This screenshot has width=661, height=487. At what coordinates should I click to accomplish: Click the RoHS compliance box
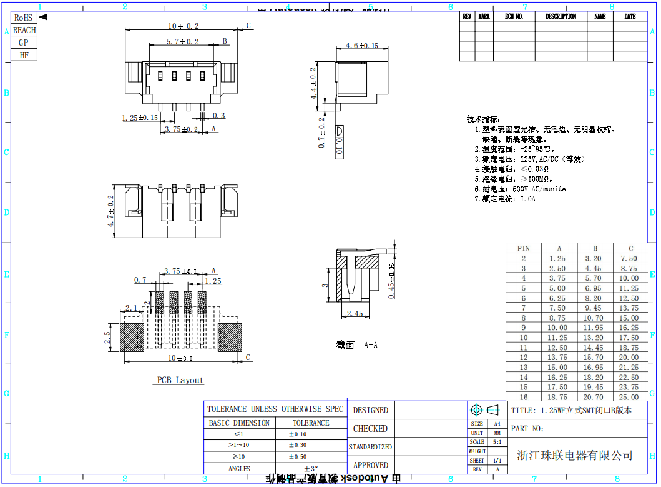(24, 18)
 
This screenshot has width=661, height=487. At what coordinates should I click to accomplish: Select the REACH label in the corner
(24, 30)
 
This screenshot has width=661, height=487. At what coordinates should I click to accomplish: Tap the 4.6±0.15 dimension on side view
(362, 46)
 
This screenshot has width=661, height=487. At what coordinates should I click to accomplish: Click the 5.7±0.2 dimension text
(182, 42)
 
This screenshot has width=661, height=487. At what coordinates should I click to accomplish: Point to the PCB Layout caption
(180, 380)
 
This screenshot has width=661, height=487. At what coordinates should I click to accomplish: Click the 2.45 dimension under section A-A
(355, 314)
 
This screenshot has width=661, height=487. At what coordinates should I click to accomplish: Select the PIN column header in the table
(524, 248)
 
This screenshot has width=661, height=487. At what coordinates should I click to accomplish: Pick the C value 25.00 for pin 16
(629, 397)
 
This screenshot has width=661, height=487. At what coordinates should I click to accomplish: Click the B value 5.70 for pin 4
(594, 278)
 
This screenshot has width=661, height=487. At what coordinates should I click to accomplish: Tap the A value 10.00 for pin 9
(557, 328)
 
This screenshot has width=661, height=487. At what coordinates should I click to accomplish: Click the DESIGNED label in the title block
(370, 411)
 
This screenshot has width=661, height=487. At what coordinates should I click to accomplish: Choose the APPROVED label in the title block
(370, 465)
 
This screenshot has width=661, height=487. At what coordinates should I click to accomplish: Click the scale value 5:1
(497, 442)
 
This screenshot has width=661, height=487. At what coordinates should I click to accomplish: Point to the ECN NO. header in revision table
(514, 17)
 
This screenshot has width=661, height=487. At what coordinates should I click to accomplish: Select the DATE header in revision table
(630, 17)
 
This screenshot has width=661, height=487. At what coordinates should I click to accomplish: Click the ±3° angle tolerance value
(311, 468)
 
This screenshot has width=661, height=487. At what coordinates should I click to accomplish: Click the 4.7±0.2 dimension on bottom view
(112, 211)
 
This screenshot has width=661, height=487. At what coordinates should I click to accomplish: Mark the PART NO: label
(527, 429)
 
